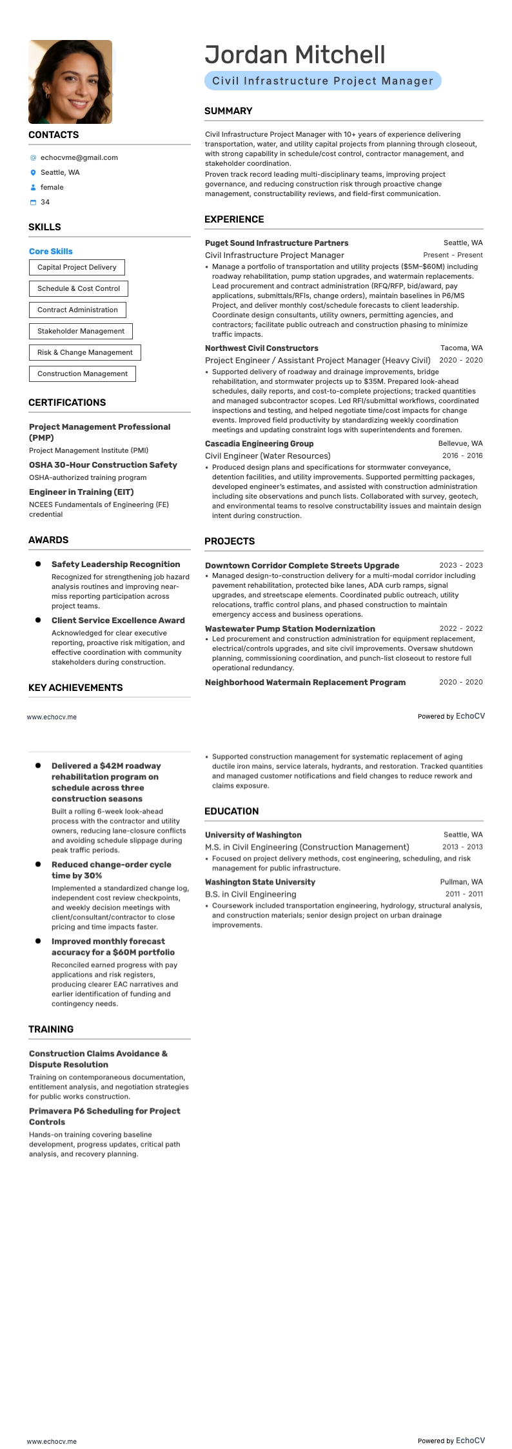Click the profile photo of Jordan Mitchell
click(70, 82)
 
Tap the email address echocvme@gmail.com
click(79, 157)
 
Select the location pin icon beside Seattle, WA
click(34, 173)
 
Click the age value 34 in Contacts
click(45, 202)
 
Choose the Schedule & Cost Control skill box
click(79, 288)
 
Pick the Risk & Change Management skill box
click(84, 352)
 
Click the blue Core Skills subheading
click(51, 252)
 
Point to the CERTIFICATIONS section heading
click(67, 403)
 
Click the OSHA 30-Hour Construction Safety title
click(103, 465)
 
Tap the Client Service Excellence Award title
click(118, 620)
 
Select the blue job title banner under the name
click(322, 81)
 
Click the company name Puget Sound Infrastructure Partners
click(277, 243)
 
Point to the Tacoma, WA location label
click(462, 348)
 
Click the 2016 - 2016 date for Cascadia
click(462, 455)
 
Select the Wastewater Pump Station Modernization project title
click(290, 628)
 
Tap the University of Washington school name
click(253, 835)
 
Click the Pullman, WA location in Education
click(462, 882)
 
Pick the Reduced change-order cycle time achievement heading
click(111, 870)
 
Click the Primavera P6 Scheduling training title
click(104, 1116)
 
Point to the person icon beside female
click(34, 188)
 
